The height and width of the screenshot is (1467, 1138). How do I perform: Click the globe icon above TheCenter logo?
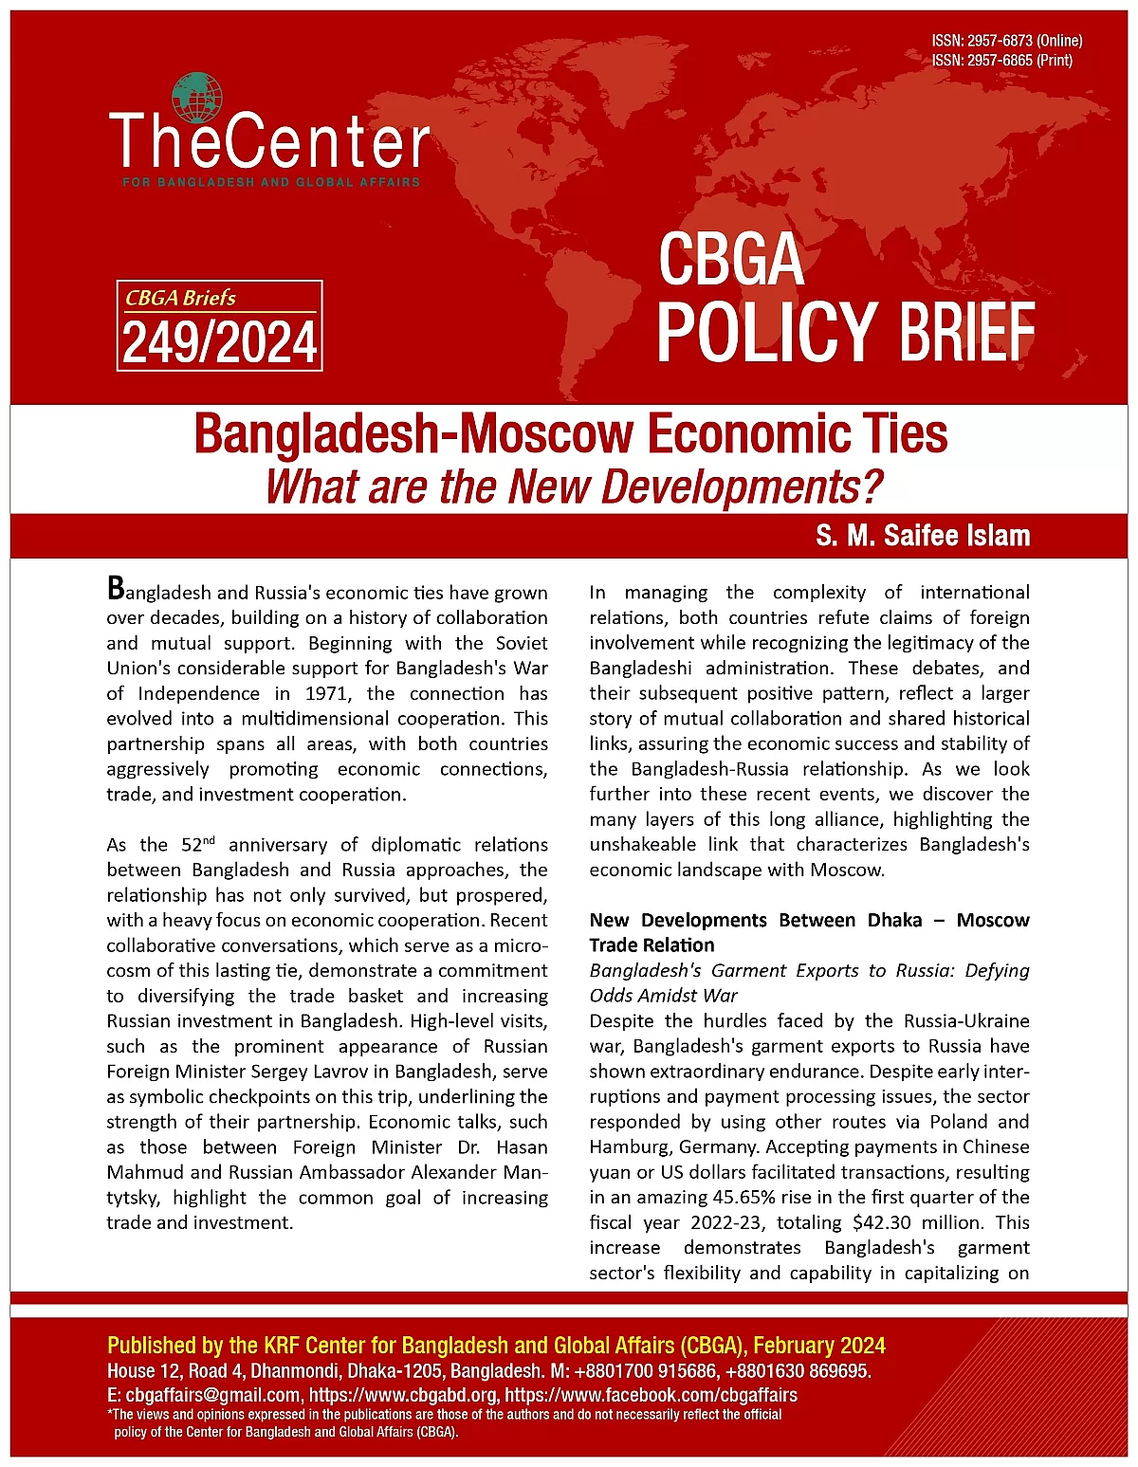tap(196, 98)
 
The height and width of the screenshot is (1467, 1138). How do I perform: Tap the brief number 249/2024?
tap(219, 342)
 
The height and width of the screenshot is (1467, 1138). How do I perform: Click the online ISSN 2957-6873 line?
tap(1006, 41)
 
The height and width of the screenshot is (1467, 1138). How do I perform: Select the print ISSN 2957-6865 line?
tap(1001, 61)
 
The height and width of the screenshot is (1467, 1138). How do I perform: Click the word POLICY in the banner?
tap(766, 331)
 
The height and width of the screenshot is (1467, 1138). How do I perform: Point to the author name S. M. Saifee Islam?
tap(922, 536)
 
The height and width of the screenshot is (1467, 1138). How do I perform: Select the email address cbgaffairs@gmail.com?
tap(213, 1395)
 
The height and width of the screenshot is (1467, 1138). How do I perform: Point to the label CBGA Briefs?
tap(181, 298)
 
